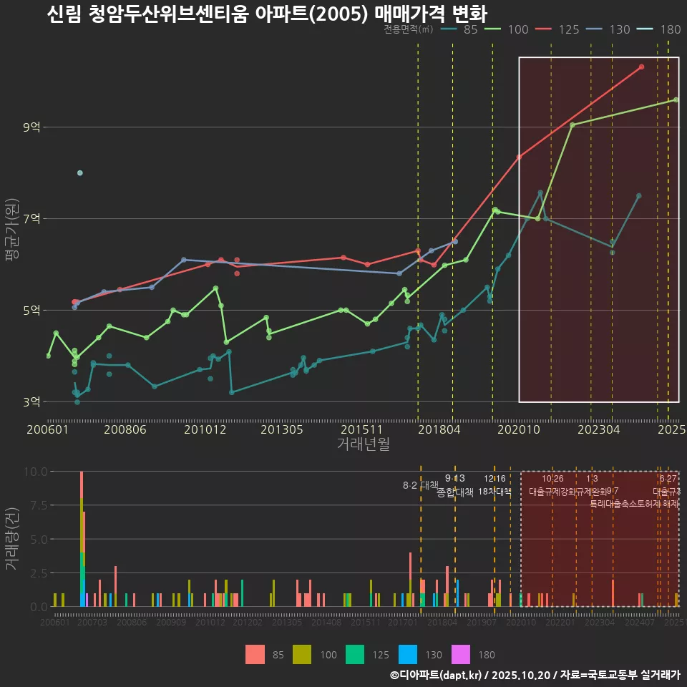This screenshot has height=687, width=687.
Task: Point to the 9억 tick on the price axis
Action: point(32,127)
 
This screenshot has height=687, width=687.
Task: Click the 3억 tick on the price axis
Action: point(32,401)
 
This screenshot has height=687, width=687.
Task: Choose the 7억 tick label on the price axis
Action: point(32,218)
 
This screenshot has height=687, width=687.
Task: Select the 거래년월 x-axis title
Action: point(363,444)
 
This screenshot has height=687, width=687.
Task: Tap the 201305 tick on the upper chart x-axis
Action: point(281,430)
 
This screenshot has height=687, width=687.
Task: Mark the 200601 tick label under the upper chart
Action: point(47,430)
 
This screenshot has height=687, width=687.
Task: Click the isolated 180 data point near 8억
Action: point(80,172)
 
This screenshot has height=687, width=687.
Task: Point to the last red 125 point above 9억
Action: point(641,67)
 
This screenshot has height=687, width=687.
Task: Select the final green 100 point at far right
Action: point(676,99)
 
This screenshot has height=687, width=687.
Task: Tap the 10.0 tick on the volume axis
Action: point(34,472)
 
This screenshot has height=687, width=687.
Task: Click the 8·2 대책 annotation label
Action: point(420,486)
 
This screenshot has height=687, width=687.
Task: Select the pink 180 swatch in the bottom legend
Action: point(461,654)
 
